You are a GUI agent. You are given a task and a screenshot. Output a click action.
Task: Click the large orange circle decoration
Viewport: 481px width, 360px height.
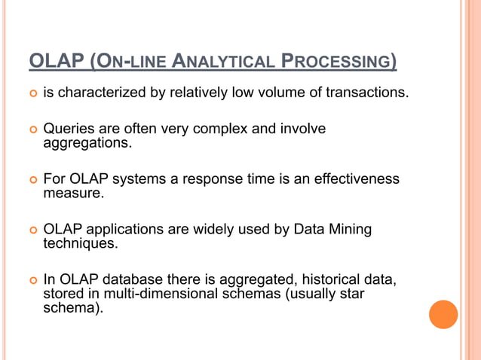click(x=443, y=314)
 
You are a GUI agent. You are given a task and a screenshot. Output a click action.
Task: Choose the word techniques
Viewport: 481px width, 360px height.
click(x=80, y=243)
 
